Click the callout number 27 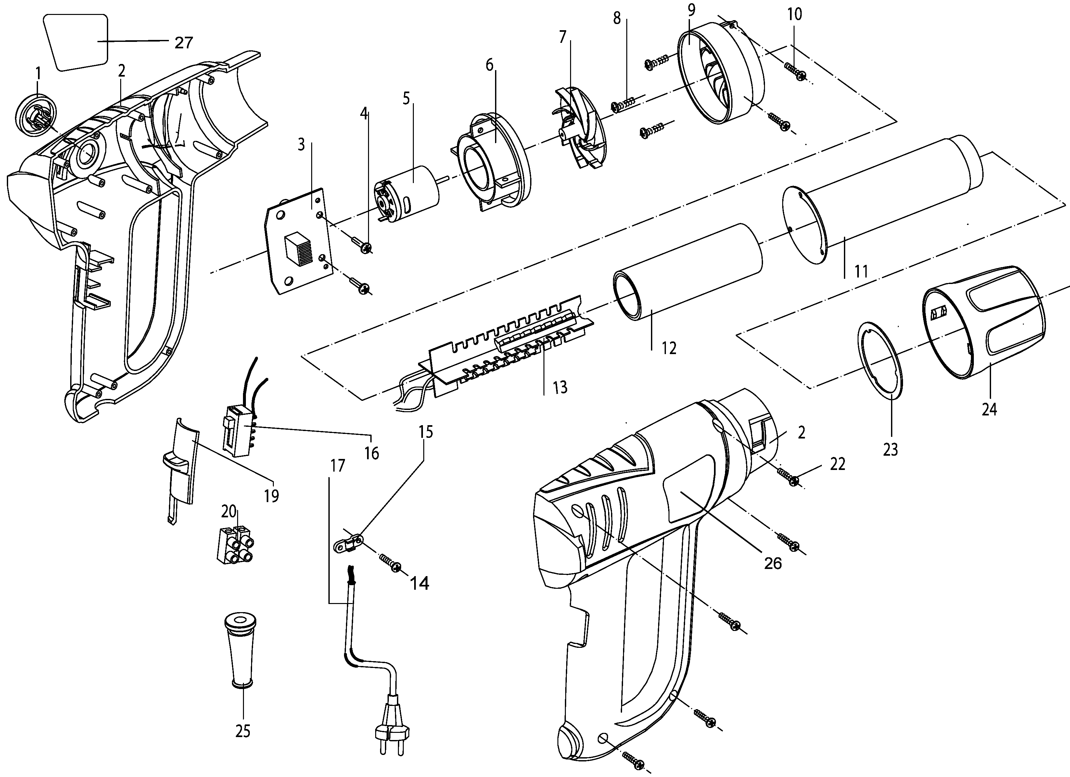(x=184, y=43)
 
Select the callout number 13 (x=560, y=388)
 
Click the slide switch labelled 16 (x=240, y=430)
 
